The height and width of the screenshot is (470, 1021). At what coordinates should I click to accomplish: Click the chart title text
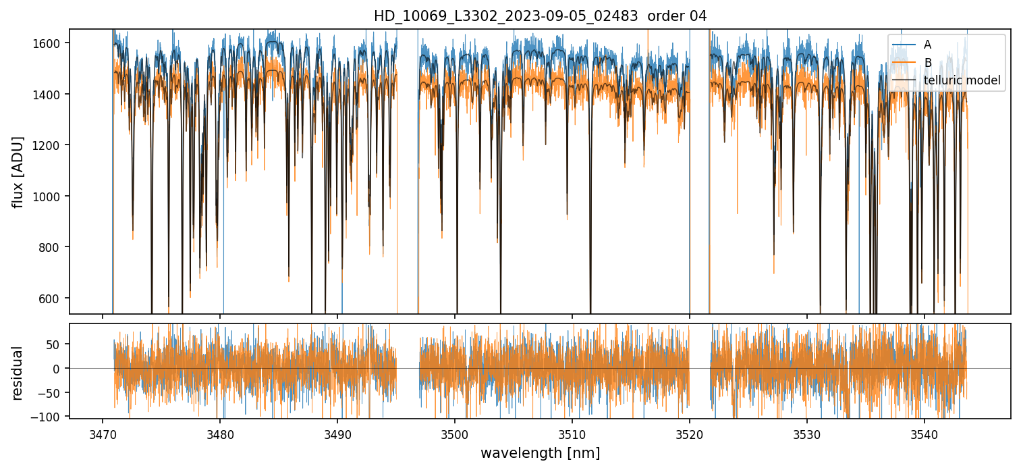[x=540, y=16]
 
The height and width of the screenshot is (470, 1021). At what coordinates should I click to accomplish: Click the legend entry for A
[x=927, y=45]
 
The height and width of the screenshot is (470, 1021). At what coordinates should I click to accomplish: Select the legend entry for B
[x=927, y=63]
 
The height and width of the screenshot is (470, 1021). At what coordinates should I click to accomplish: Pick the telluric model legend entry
[x=962, y=81]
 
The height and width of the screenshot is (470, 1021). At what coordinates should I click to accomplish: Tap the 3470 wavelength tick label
[x=103, y=433]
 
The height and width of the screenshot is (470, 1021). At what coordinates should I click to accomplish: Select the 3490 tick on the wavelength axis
[x=337, y=433]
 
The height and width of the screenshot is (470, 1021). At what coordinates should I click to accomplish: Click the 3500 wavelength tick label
[x=455, y=433]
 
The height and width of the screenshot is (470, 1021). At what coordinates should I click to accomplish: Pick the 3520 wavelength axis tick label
[x=690, y=433]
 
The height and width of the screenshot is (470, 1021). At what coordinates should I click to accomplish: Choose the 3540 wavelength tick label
[x=925, y=433]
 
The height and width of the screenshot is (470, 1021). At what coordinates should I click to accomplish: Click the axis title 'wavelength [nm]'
[x=540, y=453]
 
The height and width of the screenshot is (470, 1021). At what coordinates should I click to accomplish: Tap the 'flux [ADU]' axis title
[x=18, y=172]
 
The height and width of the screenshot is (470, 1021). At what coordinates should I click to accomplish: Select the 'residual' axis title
[x=18, y=372]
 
